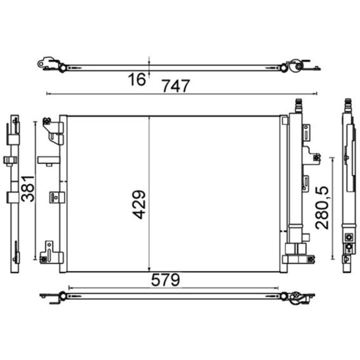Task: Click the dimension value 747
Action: (x=176, y=85)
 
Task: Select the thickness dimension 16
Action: (x=137, y=79)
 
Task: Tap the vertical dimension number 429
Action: (x=139, y=204)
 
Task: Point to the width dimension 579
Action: (x=165, y=279)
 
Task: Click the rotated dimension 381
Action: (x=28, y=188)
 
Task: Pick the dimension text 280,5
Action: (x=322, y=208)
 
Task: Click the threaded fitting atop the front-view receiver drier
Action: (x=298, y=105)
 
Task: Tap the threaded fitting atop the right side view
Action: (x=348, y=105)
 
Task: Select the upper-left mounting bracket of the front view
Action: (x=53, y=130)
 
